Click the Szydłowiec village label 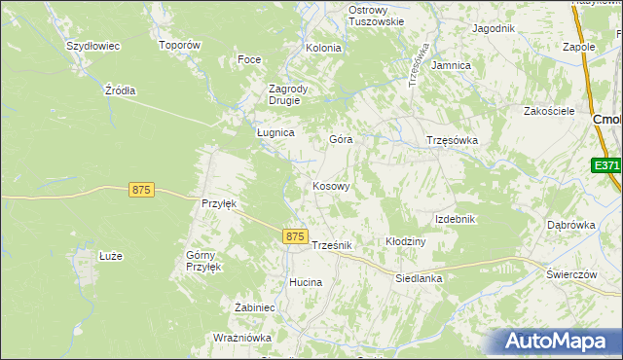(x=92, y=46)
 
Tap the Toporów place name (x=179, y=46)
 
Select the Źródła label (x=120, y=90)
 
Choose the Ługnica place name (x=275, y=132)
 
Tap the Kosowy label (x=331, y=185)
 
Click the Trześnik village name (x=331, y=245)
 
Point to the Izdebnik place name (x=455, y=219)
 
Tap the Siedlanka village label (x=419, y=278)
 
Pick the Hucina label (x=305, y=282)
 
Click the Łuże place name (x=110, y=256)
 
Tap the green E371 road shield (x=606, y=166)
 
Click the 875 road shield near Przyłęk (x=140, y=191)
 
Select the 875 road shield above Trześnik (x=297, y=236)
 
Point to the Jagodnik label (x=493, y=28)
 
